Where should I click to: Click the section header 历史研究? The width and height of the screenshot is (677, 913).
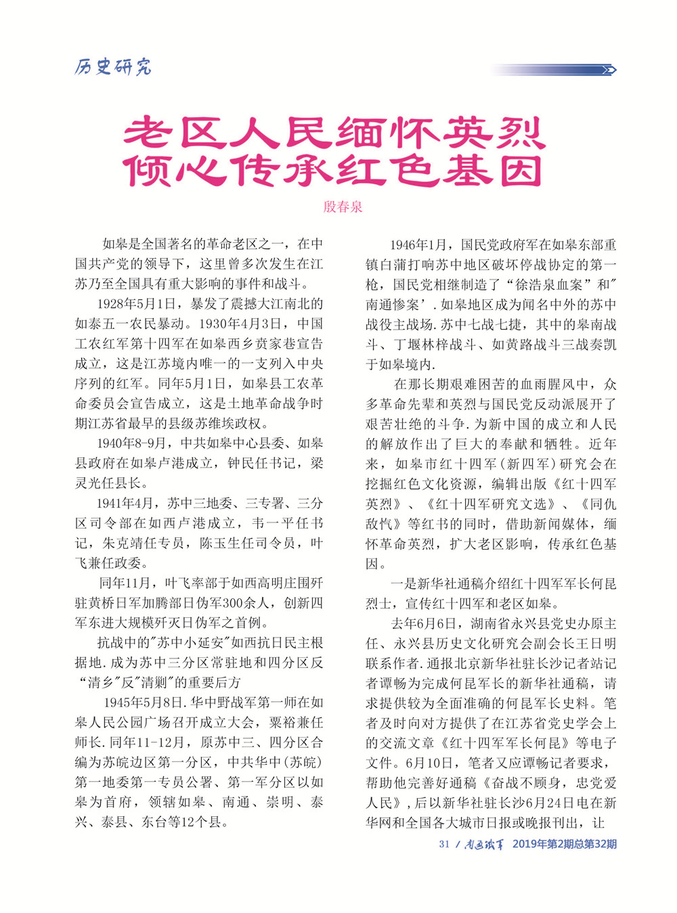point(112,67)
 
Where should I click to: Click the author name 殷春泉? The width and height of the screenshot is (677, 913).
point(343,206)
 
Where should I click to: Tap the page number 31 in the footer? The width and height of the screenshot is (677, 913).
point(444,844)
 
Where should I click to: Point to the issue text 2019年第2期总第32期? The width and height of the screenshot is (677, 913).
point(564,844)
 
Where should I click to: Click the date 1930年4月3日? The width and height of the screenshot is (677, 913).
point(246,324)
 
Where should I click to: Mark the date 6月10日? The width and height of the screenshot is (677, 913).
point(429,763)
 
